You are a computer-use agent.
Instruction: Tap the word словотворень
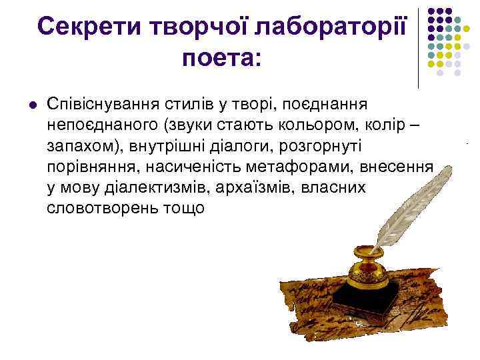pyautogui.click(x=101, y=208)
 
